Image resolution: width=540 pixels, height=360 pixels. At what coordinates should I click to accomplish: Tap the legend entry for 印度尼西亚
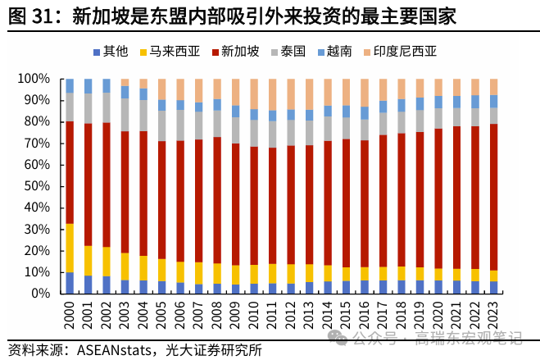[x=405, y=52]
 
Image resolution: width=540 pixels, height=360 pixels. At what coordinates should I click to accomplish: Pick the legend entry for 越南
[x=338, y=52]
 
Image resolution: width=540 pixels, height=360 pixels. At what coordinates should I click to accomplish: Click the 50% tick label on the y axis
[x=36, y=186]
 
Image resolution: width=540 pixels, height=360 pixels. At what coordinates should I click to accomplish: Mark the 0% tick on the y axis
[x=40, y=293]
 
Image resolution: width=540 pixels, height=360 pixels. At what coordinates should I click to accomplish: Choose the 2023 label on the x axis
[x=493, y=317]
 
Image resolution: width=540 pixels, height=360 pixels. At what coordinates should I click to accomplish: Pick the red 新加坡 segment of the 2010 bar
[x=254, y=206]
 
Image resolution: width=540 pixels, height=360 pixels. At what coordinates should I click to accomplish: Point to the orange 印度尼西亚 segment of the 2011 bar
[x=272, y=94]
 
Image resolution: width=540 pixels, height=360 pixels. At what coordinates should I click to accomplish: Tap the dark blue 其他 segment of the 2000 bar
[x=70, y=283]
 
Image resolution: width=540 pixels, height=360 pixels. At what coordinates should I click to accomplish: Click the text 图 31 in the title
[x=30, y=16]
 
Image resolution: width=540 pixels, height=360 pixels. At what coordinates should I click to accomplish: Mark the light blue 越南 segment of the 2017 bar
[x=383, y=107]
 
